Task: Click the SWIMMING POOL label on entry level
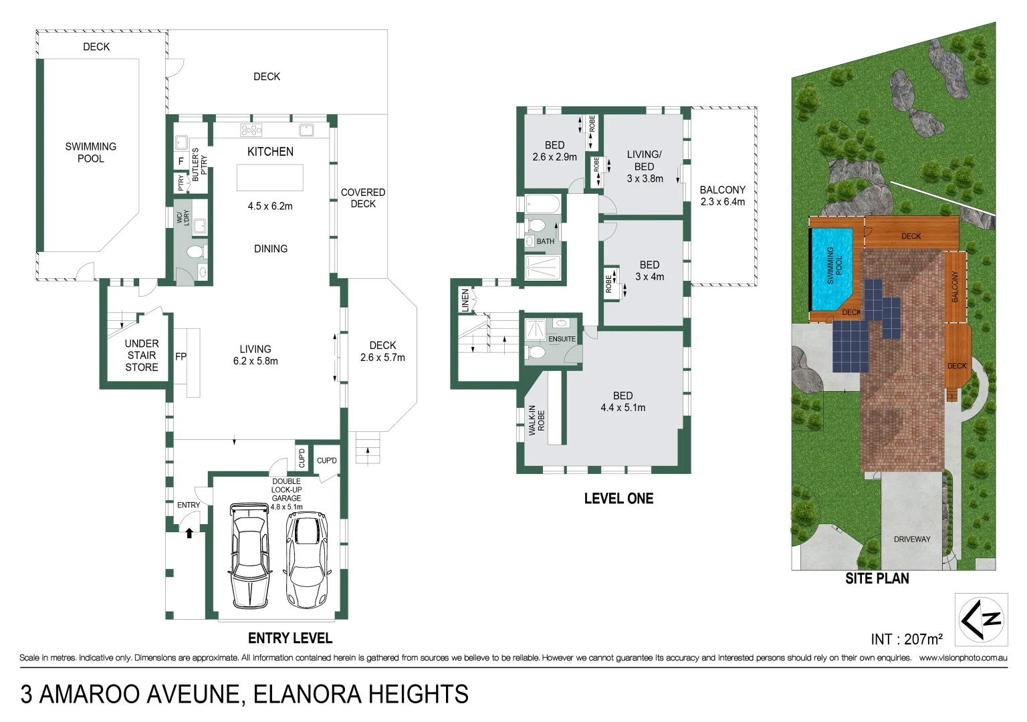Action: (x=91, y=152)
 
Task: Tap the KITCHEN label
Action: (x=270, y=152)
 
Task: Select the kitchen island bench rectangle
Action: (x=269, y=178)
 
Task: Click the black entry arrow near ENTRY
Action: (x=189, y=533)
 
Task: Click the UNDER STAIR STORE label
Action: (x=142, y=355)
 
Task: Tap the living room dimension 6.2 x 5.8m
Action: (x=255, y=361)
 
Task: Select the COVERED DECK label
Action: (x=363, y=198)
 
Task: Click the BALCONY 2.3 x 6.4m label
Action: (x=722, y=196)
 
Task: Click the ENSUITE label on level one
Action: (x=562, y=339)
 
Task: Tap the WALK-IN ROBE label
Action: (x=537, y=420)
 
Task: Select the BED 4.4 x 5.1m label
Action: (x=622, y=402)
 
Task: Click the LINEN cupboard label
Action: (x=465, y=300)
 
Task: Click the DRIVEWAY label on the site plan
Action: (x=912, y=539)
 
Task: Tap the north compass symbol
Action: (x=981, y=619)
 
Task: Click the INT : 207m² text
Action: (x=906, y=639)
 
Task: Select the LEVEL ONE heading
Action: (x=618, y=498)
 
